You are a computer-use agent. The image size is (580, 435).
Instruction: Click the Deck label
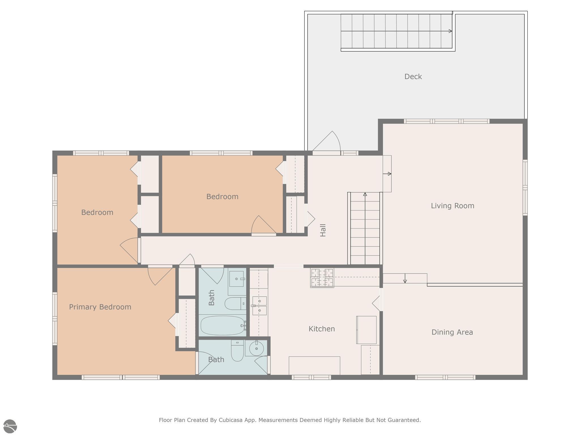[x=413, y=76]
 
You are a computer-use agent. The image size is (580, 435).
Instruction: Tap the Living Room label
[x=452, y=206]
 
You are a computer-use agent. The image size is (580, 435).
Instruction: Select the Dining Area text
[x=452, y=332]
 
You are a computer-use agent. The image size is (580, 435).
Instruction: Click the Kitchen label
[x=321, y=329]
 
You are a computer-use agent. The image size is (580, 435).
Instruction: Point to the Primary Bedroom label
[x=100, y=307]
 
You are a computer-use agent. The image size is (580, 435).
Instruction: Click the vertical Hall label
[x=323, y=230]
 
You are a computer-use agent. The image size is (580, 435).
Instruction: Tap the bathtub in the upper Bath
[x=223, y=325]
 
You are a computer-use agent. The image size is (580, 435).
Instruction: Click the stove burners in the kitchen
[x=322, y=278]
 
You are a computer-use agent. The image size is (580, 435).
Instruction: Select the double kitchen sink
[x=259, y=306]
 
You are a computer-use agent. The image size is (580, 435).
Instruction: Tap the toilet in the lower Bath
[x=237, y=351]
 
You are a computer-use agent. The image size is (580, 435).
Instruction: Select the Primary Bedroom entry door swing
[x=159, y=275]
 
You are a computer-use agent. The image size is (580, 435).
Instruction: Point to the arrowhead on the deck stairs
[x=450, y=31]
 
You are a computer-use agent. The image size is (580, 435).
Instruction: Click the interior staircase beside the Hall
[x=365, y=229]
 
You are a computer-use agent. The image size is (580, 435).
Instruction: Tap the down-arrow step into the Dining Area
[x=405, y=279]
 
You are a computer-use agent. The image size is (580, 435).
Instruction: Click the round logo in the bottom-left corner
[x=10, y=427]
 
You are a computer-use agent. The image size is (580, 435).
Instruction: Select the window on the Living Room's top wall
[x=447, y=121]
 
